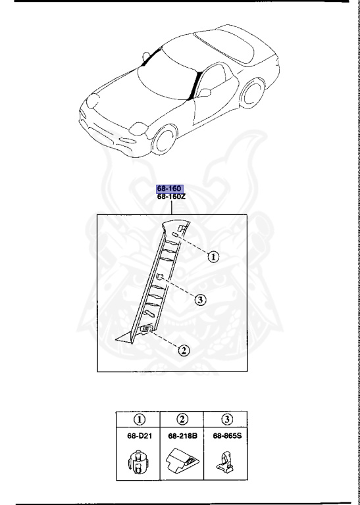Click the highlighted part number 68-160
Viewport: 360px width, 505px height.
169,189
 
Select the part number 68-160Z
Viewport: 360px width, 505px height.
171,197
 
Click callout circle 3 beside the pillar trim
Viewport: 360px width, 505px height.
201,300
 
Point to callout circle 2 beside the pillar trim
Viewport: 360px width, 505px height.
184,350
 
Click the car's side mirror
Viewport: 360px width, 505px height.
205,93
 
